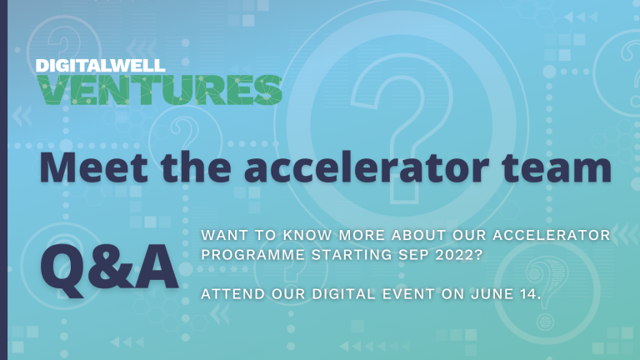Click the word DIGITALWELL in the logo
tap(100, 66)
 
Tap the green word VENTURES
tap(159, 90)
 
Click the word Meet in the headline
tap(93, 167)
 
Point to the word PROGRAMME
tap(253, 255)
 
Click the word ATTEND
tap(233, 294)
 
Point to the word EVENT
tap(408, 294)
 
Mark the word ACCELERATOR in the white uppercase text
tap(552, 235)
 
